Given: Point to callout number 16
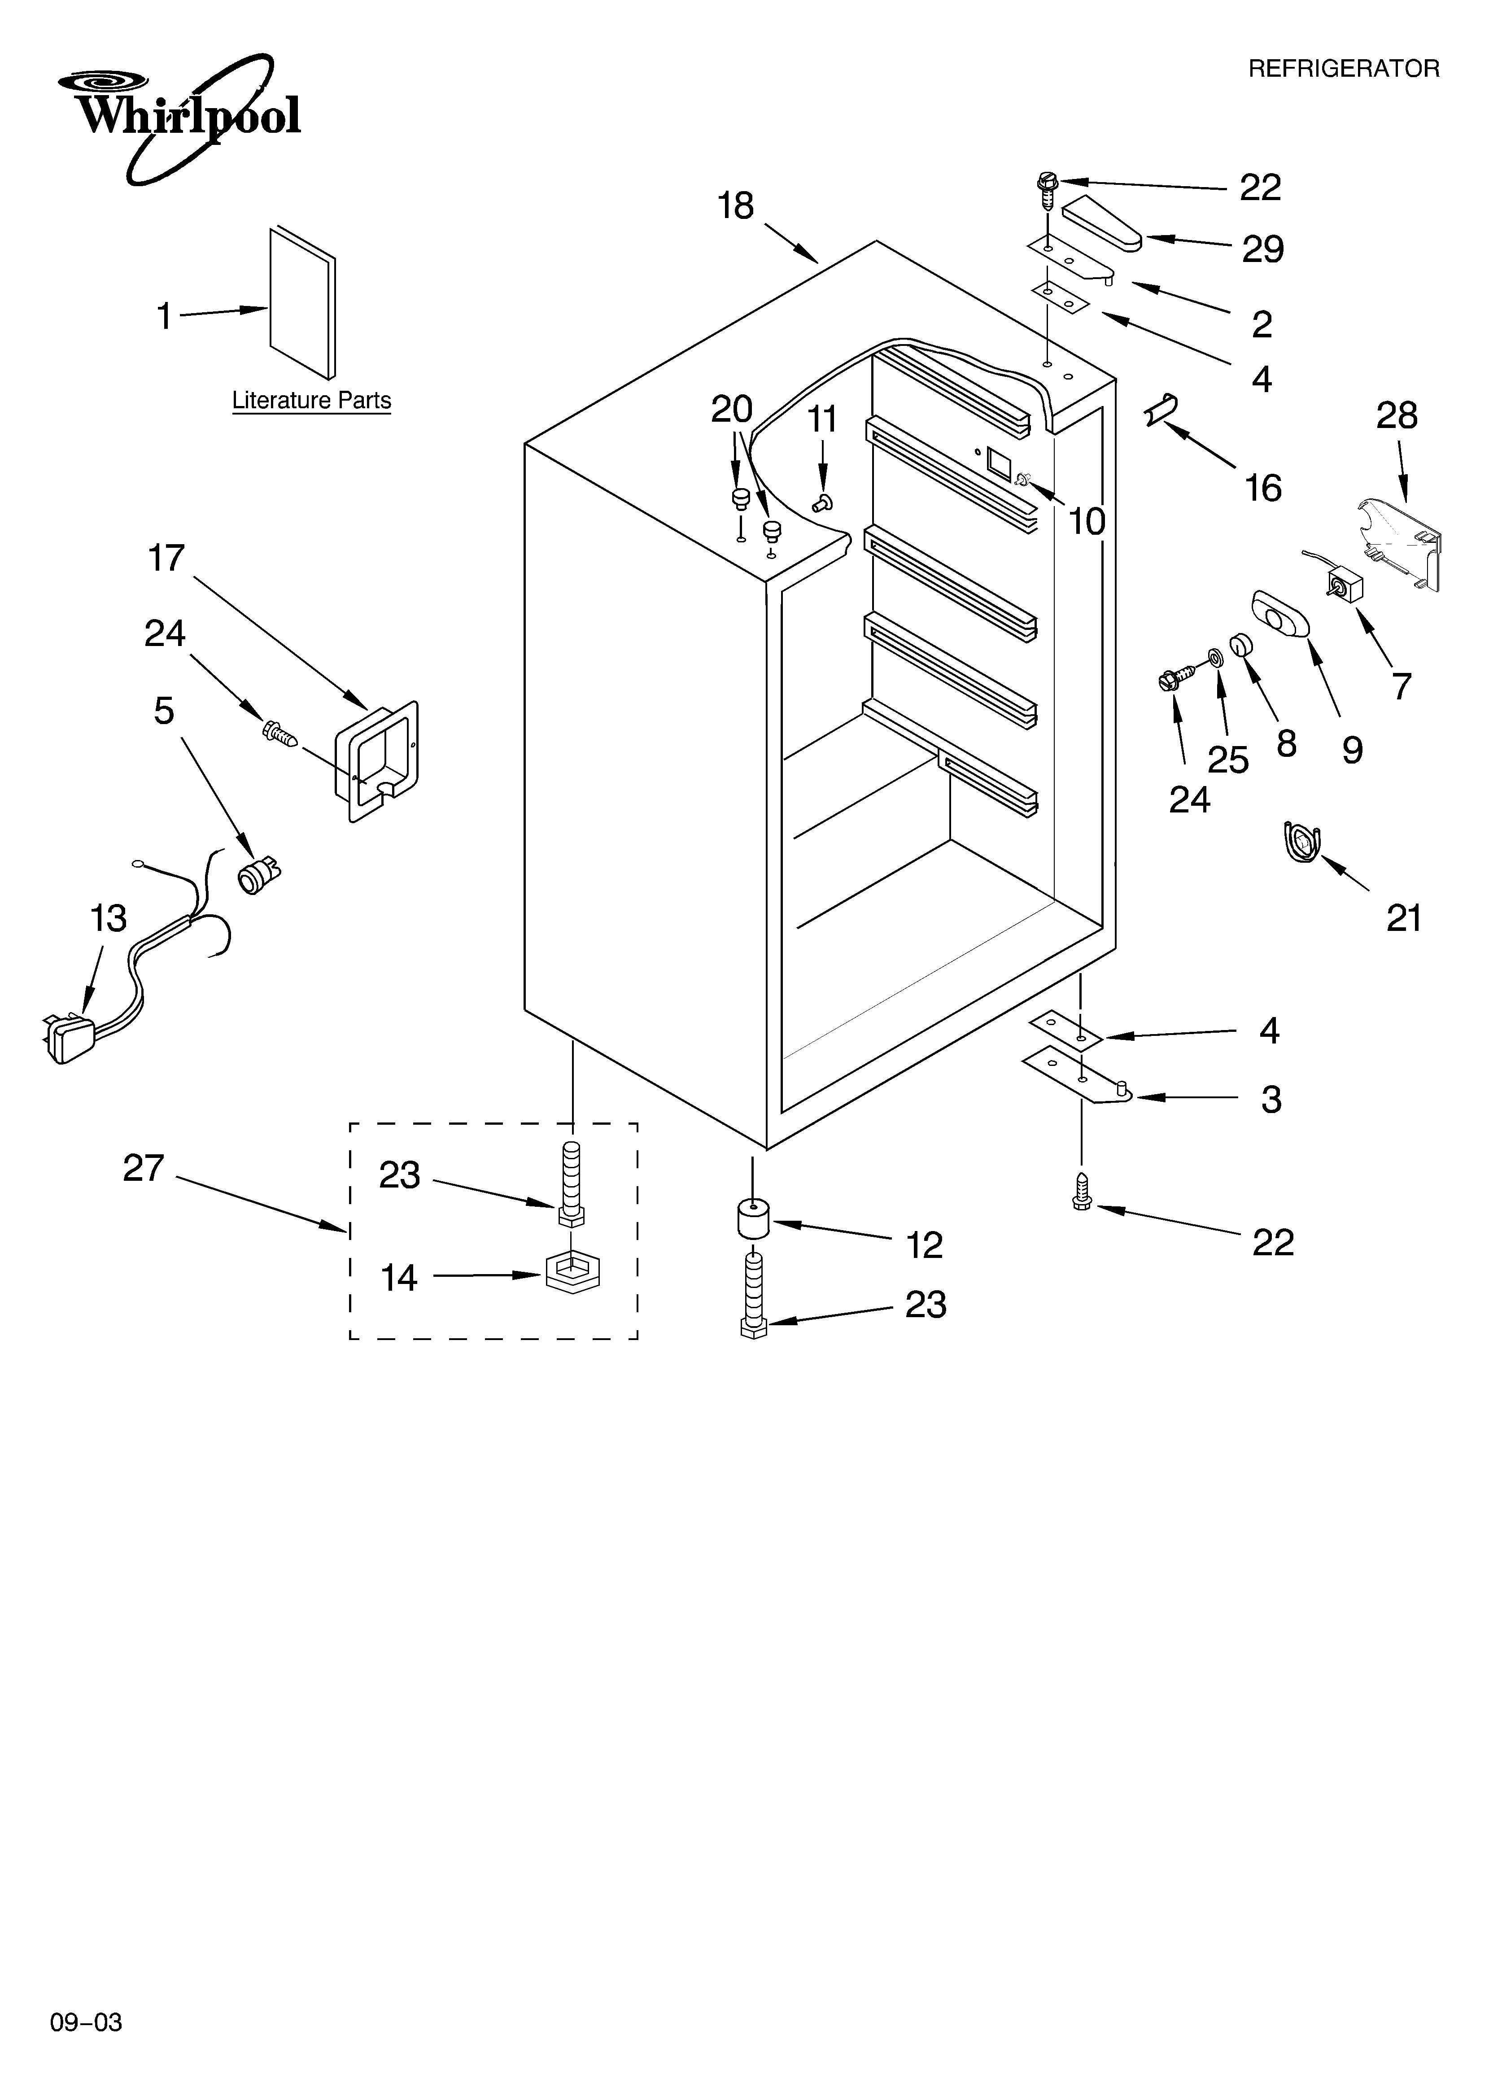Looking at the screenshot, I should pyautogui.click(x=1262, y=488).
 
